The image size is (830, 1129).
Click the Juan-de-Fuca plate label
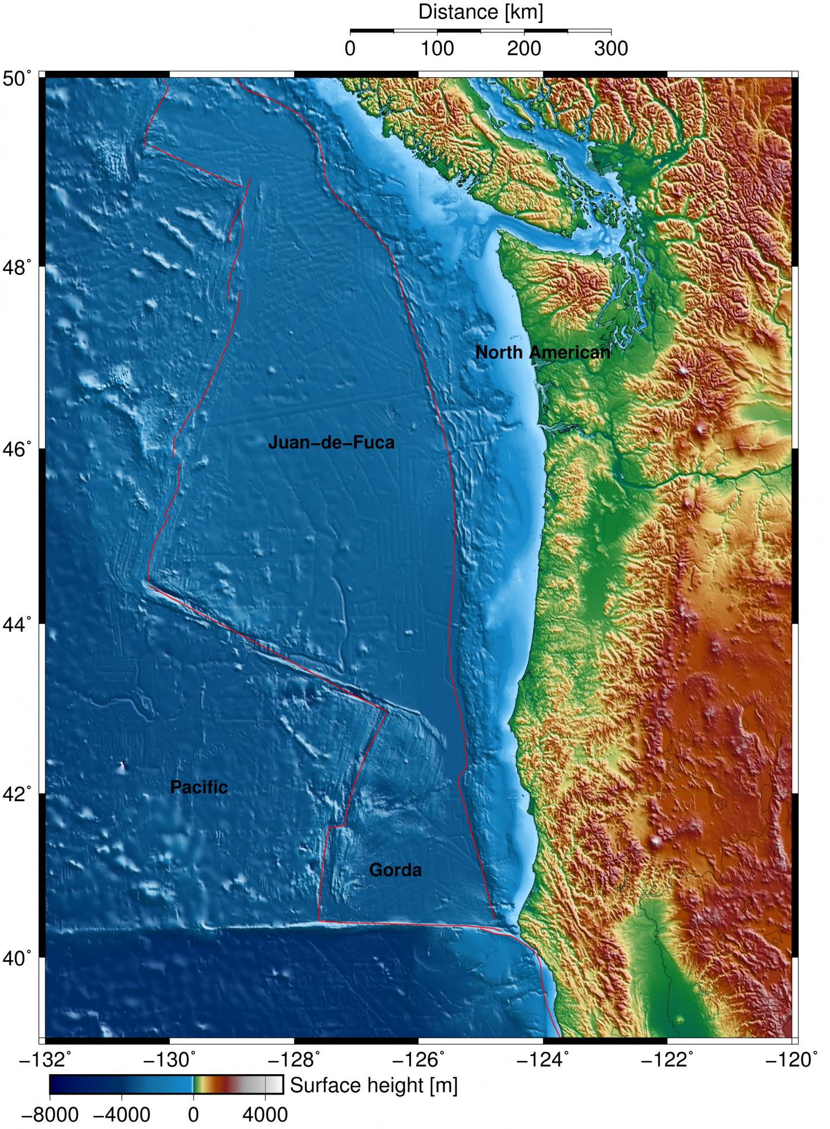coord(331,443)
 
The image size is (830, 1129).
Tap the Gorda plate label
coord(395,870)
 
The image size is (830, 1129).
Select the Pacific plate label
coord(199,787)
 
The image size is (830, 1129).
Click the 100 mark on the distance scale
coord(437,48)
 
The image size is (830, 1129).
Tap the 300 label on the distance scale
coord(611,48)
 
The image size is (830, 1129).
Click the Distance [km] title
coord(481,12)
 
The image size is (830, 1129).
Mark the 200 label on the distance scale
coord(524,48)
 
